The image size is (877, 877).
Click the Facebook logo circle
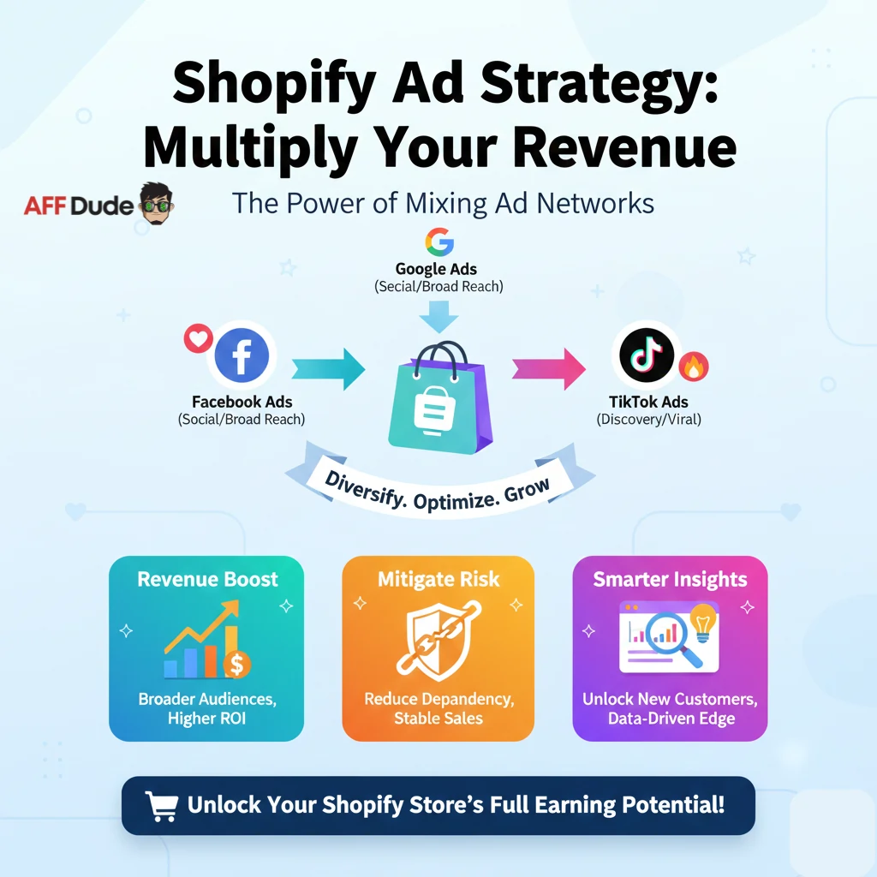[x=242, y=355]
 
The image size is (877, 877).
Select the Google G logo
[x=438, y=242]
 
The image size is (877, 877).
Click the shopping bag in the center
[x=439, y=397]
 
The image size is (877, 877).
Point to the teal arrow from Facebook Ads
[x=328, y=369]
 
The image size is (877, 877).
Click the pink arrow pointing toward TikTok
[x=548, y=369]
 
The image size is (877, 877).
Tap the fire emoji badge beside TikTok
[x=693, y=367]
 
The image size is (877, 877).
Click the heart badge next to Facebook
[x=199, y=337]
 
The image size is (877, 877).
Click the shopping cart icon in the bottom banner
[x=161, y=805]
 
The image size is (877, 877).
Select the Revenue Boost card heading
[x=207, y=579]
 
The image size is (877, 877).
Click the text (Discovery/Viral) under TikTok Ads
[x=649, y=420]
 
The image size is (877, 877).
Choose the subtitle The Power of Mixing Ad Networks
[x=444, y=203]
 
